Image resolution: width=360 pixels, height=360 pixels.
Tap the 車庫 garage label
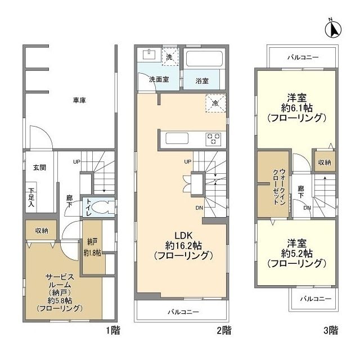tap(80, 101)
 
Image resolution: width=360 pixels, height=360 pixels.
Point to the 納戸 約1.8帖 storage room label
tap(92, 247)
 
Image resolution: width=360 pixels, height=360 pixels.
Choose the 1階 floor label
tap(112, 330)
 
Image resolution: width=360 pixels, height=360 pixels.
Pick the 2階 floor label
tap(223, 330)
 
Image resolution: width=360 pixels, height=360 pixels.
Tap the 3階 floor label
tap(331, 330)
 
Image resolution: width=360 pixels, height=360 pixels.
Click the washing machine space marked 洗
tap(170, 57)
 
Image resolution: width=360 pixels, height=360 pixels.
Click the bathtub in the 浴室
tap(204, 60)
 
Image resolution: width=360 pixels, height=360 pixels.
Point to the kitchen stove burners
tap(213, 138)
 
